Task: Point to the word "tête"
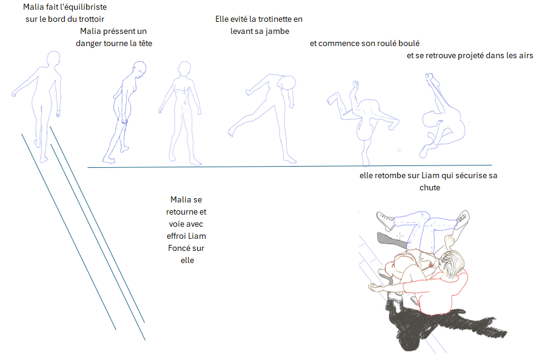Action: pos(146,43)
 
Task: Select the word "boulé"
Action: pos(409,43)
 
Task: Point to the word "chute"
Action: pos(430,187)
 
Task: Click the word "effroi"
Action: pos(176,236)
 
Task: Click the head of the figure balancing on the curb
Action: pos(53,58)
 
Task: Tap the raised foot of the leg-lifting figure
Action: pos(232,132)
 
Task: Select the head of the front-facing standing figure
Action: pos(184,68)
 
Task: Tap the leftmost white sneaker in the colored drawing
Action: pos(386,220)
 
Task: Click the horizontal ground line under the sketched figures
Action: pos(290,166)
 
